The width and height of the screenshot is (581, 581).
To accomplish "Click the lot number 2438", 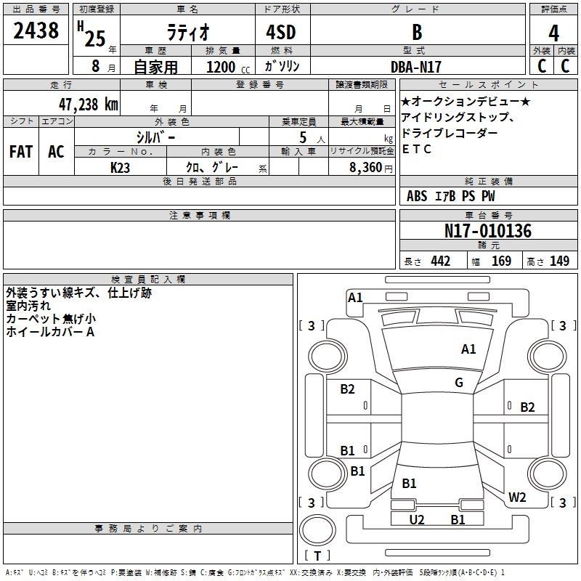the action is pos(36,31).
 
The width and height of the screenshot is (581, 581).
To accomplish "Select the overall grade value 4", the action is pos(553,33).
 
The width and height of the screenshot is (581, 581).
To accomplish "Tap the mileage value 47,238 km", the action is pos(88,105).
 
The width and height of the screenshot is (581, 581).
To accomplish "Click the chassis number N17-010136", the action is pos(487,231).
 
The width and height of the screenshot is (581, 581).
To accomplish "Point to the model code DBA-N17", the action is pos(416,67).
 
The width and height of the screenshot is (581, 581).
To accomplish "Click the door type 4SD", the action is pos(281,32).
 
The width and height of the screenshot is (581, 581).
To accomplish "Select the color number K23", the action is pos(120,168).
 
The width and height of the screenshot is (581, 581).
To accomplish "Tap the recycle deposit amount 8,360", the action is pos(365,168).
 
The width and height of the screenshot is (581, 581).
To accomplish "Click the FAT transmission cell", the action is pos(21,152).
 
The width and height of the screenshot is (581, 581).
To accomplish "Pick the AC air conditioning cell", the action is pos(56,152).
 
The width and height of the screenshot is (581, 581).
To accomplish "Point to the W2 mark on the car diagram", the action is pos(517,497).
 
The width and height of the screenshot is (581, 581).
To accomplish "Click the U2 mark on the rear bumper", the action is pos(416,519).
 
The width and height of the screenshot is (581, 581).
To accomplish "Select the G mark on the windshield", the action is pos(459,382).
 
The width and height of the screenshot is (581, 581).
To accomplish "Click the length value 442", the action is pos(440,261).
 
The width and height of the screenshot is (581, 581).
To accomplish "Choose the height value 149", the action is pos(559,261).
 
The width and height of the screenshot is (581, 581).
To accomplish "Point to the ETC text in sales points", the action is pos(416,149).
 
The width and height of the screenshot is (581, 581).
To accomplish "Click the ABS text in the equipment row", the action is pos(417,196).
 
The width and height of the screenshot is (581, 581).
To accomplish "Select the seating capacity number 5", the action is pos(303,137).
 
